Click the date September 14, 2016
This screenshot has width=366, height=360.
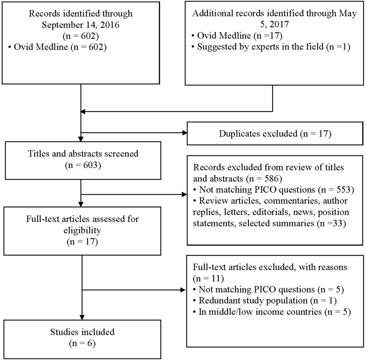[81, 25]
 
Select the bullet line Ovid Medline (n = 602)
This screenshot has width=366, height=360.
[60, 47]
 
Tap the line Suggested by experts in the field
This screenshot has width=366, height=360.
[273, 46]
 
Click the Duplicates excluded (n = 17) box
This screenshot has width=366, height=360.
[275, 133]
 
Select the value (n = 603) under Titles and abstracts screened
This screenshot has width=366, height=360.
[83, 165]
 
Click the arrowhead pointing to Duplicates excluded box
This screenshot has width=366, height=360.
[185, 133]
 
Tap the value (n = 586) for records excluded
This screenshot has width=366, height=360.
[264, 178]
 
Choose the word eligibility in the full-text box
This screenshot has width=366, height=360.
[82, 230]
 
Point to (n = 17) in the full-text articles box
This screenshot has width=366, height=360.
[82, 242]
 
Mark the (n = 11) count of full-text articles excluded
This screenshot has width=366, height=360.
[208, 278]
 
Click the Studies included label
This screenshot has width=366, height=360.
[82, 332]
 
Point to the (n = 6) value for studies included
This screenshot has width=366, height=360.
[82, 343]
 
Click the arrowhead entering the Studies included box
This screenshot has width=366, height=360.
[82, 317]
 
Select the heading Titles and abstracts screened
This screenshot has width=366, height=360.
[83, 154]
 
